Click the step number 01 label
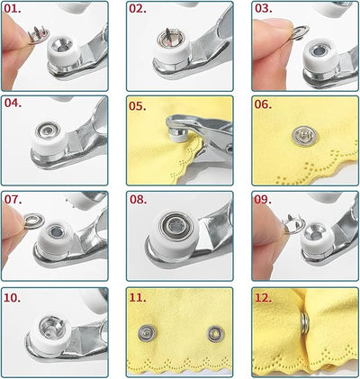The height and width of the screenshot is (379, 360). click(x=15, y=10)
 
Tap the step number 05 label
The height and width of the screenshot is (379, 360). click(x=139, y=104)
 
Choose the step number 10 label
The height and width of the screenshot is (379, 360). click(x=15, y=296)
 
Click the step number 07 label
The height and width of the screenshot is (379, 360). click(x=15, y=200)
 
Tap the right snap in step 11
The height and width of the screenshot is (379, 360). click(x=213, y=335)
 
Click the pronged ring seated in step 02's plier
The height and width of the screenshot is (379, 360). click(x=170, y=35)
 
